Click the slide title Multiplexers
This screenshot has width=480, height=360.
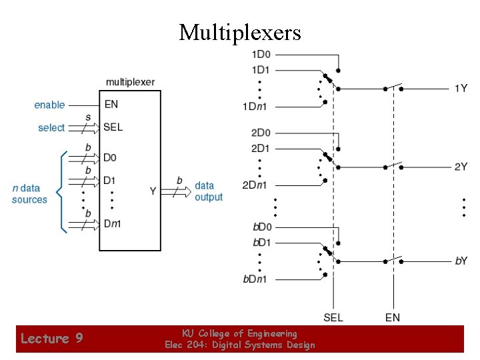(240, 32)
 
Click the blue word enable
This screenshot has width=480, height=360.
(50, 105)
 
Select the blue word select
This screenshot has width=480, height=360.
(51, 127)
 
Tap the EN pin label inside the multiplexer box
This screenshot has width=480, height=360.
(111, 104)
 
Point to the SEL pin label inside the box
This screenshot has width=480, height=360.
(113, 127)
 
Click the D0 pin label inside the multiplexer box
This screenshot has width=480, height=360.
(109, 158)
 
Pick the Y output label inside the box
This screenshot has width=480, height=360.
(153, 191)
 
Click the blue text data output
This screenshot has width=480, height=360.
(208, 191)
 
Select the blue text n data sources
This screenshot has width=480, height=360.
(29, 194)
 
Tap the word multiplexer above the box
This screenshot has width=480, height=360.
(130, 82)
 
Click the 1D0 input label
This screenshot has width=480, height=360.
(261, 54)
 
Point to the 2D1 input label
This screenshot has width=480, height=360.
(261, 147)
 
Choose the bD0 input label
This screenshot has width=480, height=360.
(261, 227)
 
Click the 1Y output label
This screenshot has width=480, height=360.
(461, 88)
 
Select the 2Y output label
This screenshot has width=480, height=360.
(461, 167)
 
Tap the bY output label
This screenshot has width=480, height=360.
(461, 261)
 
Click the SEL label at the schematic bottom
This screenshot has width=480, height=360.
(333, 317)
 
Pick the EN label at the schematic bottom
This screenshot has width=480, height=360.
(393, 317)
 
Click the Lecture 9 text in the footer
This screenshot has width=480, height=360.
(52, 338)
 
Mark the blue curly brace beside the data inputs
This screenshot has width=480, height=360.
(62, 192)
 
